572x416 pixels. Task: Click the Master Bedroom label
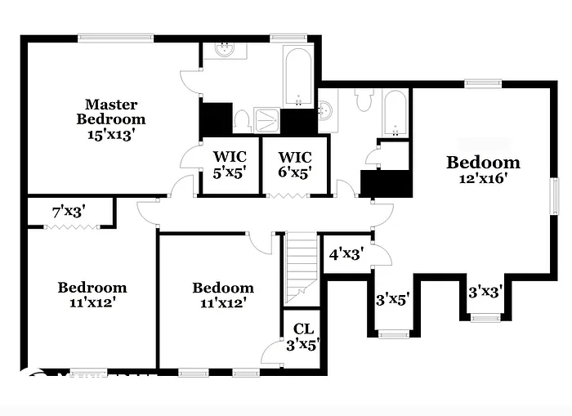point(111,111)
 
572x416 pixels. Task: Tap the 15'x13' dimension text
point(111,134)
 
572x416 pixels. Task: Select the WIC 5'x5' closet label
point(230,164)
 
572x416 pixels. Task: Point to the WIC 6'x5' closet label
point(296,164)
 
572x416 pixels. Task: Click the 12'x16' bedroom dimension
point(483,179)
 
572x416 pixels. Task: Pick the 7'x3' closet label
point(69,212)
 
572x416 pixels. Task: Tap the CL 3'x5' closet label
point(303,336)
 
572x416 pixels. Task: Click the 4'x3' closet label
point(345,254)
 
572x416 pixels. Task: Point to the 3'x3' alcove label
point(485,291)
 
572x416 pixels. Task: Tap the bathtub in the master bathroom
point(298,78)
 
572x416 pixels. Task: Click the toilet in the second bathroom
point(364,102)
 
